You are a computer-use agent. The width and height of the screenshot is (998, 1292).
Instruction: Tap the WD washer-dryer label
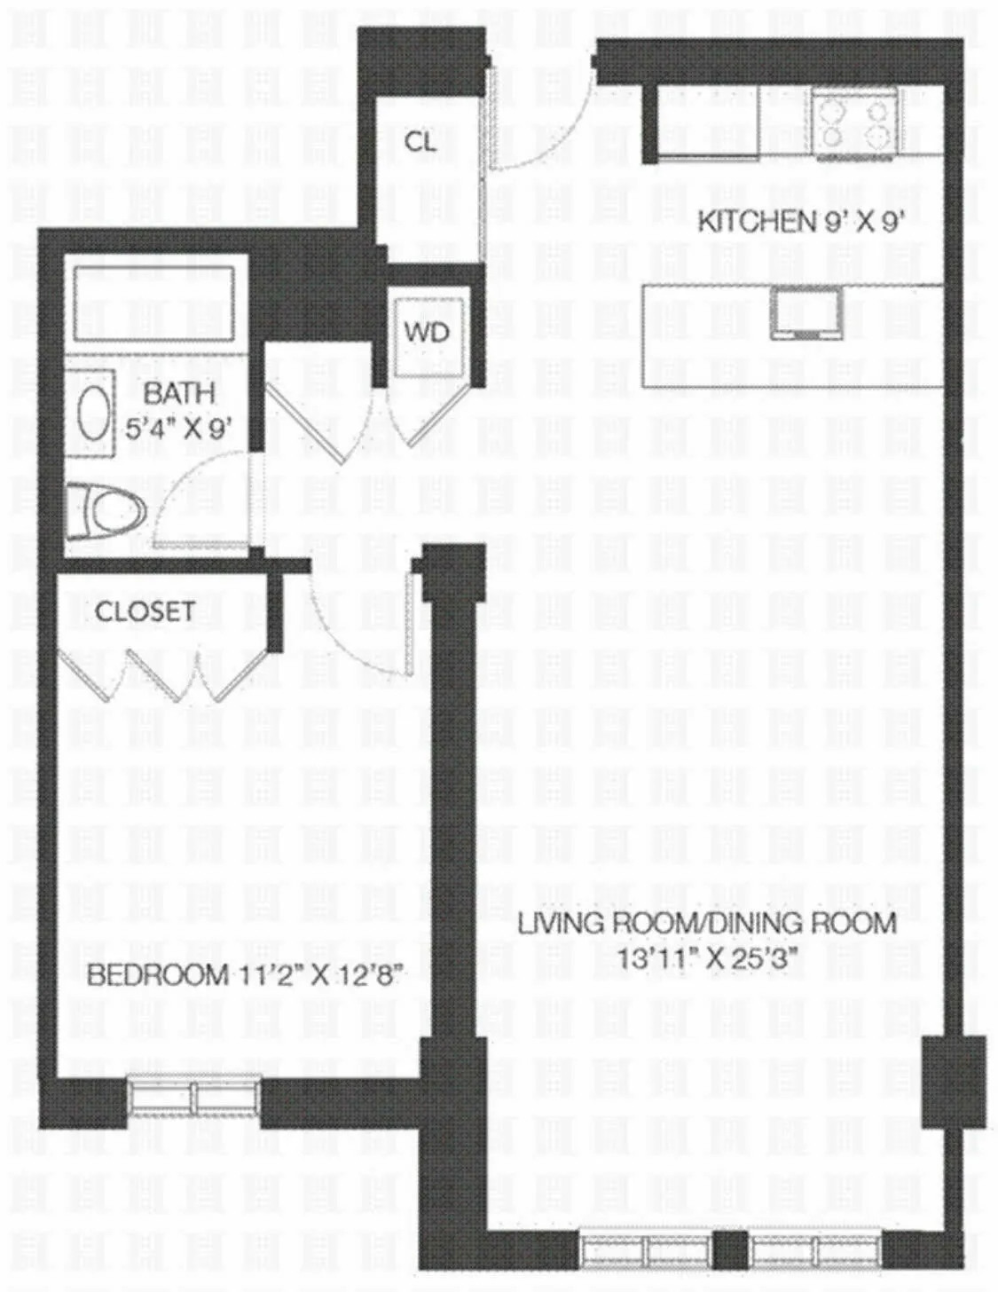pos(427,333)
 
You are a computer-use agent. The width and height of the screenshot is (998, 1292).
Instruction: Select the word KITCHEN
pos(754,221)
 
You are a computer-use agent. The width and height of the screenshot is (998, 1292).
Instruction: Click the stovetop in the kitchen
pos(852,123)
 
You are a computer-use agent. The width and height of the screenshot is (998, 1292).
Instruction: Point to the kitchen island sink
pos(804,315)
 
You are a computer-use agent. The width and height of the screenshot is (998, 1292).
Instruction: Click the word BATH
pos(179,392)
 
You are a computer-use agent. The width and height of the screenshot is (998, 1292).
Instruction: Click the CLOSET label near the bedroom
pos(145,611)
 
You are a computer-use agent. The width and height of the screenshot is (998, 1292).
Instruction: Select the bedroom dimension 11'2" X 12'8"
pos(321,976)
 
